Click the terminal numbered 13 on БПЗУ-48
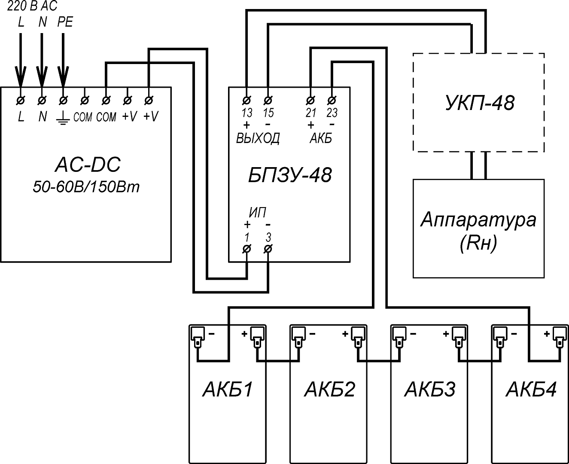click(x=246, y=101)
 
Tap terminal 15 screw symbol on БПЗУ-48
click(x=268, y=101)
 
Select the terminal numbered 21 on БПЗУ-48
click(x=310, y=101)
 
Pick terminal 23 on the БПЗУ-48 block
click(x=332, y=101)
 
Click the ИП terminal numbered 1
click(x=246, y=249)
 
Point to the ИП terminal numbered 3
click(x=268, y=249)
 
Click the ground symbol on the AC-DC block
click(x=63, y=120)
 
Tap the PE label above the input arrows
click(x=65, y=22)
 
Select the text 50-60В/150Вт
click(x=86, y=186)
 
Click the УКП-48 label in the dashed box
click(x=480, y=103)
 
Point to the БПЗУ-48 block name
click(x=290, y=175)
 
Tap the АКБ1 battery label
click(x=228, y=389)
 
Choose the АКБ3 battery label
click(x=430, y=389)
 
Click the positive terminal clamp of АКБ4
click(x=560, y=337)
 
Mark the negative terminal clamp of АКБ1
click(x=198, y=337)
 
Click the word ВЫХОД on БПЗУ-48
click(x=258, y=138)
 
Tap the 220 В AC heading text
click(x=32, y=6)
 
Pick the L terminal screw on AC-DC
click(x=21, y=101)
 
